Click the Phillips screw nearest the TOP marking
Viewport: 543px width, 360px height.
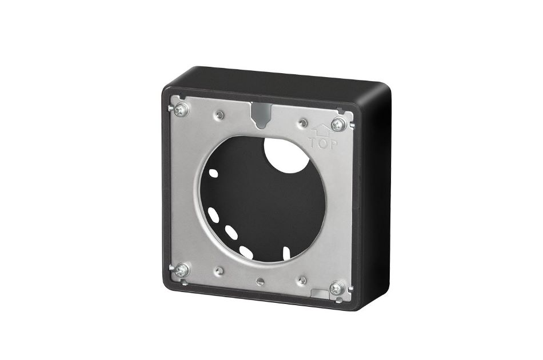(338, 123)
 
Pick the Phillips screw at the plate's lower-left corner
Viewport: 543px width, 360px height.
(182, 270)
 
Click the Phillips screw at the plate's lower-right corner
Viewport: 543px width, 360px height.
(338, 287)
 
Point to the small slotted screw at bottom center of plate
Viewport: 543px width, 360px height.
(261, 281)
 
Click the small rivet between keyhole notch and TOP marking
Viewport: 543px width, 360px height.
(302, 122)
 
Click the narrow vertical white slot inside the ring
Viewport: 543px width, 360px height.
(284, 250)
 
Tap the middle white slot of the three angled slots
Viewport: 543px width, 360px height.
(231, 232)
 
